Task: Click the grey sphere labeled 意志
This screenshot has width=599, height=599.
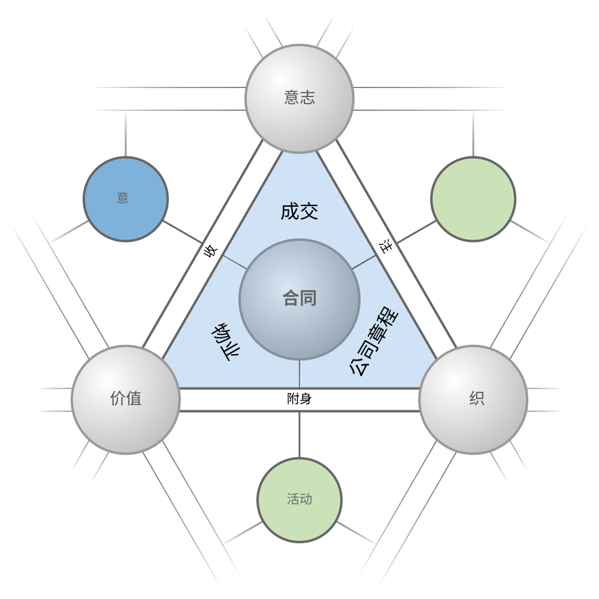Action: point(299,99)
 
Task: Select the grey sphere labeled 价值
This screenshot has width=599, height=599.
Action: point(126,400)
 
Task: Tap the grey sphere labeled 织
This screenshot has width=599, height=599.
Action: point(473,400)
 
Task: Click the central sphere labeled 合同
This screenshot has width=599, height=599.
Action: point(299,299)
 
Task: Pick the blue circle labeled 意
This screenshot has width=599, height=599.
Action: point(126,199)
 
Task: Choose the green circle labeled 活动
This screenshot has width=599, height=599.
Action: point(299,500)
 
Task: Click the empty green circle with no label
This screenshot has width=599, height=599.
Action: point(473,199)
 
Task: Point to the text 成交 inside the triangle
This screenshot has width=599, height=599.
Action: point(299,211)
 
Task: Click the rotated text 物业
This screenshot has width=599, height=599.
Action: point(225,342)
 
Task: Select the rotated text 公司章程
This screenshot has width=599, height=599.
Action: point(374,341)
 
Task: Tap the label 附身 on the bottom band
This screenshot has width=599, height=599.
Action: point(299,399)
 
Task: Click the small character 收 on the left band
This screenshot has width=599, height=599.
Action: point(210,251)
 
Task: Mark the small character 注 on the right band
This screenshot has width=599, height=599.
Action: point(386,246)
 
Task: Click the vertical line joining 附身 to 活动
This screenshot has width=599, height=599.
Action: point(299,435)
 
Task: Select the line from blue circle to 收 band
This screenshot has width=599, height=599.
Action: point(183,232)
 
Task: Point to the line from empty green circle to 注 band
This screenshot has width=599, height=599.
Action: point(416,232)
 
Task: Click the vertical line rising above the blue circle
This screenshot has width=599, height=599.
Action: point(126,134)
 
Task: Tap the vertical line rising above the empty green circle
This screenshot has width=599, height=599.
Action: point(473,134)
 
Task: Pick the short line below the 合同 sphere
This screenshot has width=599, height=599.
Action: point(299,374)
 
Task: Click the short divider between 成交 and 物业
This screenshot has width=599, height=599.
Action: point(235,262)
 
